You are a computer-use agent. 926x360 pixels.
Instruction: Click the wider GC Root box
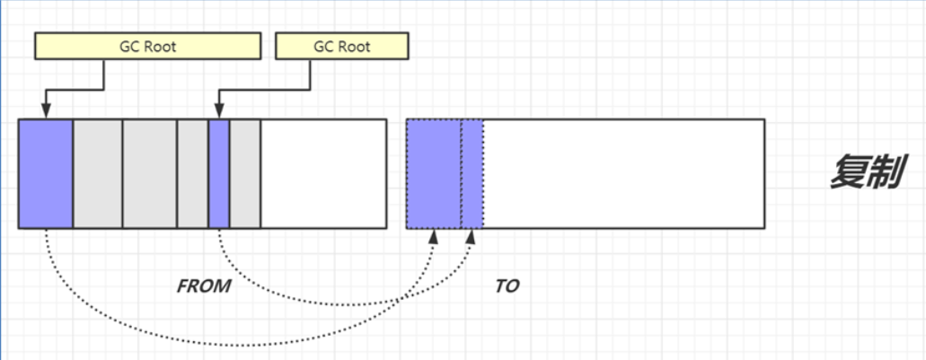coord(147,47)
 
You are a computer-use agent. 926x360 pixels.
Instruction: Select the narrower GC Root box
coord(341,47)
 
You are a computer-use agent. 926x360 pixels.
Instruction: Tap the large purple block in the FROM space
coord(45,173)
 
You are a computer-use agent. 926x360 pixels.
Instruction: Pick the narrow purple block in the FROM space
coord(219,173)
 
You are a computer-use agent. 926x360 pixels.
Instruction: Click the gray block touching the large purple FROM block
coord(97,173)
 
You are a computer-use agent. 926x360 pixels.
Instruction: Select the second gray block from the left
coord(149,173)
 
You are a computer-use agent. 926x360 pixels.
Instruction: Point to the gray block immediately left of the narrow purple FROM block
coord(192,173)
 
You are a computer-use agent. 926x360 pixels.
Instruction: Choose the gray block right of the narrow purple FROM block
coord(245,173)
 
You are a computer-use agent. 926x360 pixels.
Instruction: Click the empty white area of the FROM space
coord(323,173)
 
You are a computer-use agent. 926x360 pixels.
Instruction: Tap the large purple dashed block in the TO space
coord(434,173)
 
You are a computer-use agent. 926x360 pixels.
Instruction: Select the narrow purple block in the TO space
coord(472,173)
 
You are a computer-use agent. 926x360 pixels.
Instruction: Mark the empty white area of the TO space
coord(623,173)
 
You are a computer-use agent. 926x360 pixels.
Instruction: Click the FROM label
coord(204,286)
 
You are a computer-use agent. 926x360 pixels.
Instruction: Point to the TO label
coord(507,286)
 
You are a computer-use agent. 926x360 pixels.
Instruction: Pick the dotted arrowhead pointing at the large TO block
coord(435,235)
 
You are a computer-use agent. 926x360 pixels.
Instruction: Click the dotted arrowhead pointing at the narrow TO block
coord(472,235)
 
